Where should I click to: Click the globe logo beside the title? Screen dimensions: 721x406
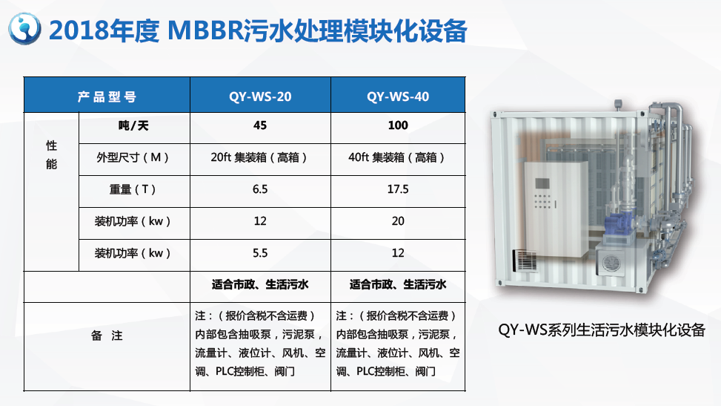[x=24, y=28]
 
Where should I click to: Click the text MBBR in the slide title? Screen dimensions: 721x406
[x=205, y=30]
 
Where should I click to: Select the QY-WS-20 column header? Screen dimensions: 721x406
[x=260, y=96]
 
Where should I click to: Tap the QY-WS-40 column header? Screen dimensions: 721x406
[x=398, y=96]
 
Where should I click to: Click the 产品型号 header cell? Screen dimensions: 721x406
[x=107, y=96]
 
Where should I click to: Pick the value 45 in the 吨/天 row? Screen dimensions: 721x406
[x=260, y=125]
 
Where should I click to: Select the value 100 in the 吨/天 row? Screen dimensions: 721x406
[x=398, y=125]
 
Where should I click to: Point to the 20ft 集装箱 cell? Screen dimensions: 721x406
[x=259, y=157]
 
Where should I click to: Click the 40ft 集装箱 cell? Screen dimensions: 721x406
[x=397, y=157]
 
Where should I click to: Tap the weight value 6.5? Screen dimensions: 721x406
[x=260, y=189]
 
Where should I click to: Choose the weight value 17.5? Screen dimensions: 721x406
[x=398, y=189]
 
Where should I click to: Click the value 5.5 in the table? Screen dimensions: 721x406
[x=260, y=253]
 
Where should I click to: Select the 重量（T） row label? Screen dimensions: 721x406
[x=133, y=189]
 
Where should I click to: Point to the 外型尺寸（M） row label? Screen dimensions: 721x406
[x=133, y=157]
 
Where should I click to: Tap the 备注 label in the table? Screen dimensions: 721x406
[x=107, y=335]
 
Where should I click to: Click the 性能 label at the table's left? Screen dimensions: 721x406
[x=52, y=155]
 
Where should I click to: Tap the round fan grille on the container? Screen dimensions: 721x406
[x=611, y=263]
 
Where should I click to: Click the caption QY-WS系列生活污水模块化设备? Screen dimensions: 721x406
[x=602, y=330]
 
